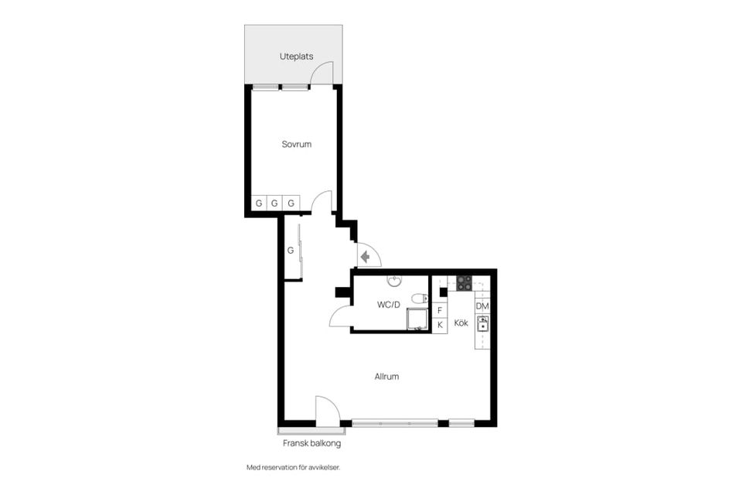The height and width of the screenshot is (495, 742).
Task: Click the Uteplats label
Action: tap(296, 56)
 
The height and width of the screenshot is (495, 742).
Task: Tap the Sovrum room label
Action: tap(297, 144)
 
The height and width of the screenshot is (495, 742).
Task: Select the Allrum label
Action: tap(386, 377)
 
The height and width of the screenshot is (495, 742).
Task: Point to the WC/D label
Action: tap(389, 305)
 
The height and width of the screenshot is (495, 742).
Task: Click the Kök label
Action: tap(461, 323)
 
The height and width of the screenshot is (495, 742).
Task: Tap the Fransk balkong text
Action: tap(311, 443)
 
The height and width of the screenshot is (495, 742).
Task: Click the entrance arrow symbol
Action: tap(365, 258)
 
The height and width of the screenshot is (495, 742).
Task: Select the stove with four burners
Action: tap(465, 283)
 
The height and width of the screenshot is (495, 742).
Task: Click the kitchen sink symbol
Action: tap(482, 325)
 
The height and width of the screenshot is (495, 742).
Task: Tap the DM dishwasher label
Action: tap(482, 306)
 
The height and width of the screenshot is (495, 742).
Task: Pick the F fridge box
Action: tap(440, 310)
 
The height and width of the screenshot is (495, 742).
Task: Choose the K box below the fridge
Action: tap(440, 326)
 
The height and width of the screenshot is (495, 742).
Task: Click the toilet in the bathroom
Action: tap(419, 299)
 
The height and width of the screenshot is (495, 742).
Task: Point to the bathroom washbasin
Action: tap(394, 282)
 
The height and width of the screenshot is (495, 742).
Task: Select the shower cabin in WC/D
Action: tap(417, 319)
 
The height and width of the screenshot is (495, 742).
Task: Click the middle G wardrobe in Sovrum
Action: tap(274, 203)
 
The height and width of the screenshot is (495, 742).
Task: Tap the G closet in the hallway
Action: tap(291, 250)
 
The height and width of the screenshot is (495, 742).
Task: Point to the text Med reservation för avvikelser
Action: tap(294, 467)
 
